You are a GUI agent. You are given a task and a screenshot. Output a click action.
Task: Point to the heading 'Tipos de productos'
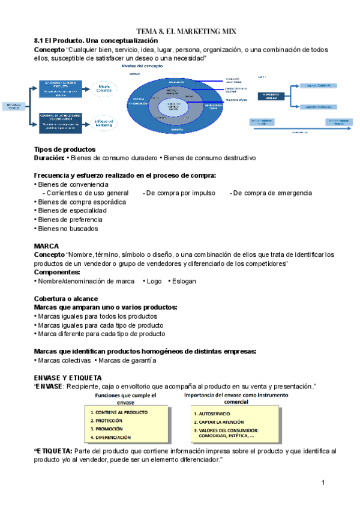coord(65,149)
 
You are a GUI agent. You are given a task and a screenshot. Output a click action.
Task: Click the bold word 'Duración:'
coord(49,158)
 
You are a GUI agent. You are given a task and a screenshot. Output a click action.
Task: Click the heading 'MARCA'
coord(47,245)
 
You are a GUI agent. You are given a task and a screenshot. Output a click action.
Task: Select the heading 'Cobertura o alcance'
coord(66,298)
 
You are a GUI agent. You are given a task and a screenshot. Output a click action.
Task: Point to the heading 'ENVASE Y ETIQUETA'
coord(68,378)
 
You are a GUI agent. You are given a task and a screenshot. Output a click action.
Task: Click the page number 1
coord(323,482)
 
